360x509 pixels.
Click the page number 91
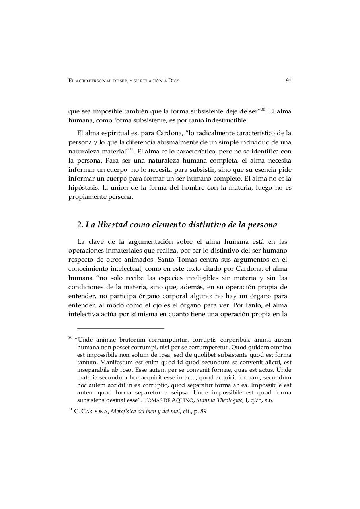288,80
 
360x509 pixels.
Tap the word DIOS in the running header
174,81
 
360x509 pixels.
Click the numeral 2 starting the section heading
79,225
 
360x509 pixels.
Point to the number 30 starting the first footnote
70,338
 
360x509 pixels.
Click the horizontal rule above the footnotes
120,328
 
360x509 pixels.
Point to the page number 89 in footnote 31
203,411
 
